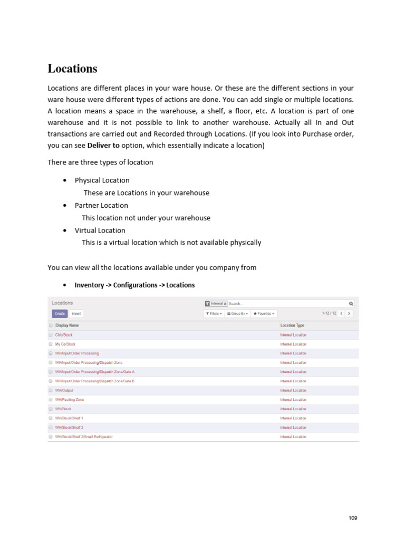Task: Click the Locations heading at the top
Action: click(x=72, y=69)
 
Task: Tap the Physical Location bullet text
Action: click(x=102, y=180)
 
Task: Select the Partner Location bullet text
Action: click(x=101, y=205)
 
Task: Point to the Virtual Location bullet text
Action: click(x=100, y=230)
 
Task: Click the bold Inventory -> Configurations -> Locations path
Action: click(x=134, y=285)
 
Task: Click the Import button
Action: click(x=76, y=313)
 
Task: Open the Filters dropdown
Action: click(x=214, y=313)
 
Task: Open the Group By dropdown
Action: click(x=237, y=313)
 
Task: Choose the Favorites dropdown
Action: click(x=264, y=313)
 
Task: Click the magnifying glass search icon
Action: click(x=351, y=304)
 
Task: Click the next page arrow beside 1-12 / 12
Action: click(x=349, y=313)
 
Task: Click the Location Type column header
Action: click(x=292, y=325)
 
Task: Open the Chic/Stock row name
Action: click(x=64, y=335)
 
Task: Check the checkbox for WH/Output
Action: click(x=51, y=390)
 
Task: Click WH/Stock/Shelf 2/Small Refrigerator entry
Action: click(x=84, y=437)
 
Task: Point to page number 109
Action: click(x=353, y=518)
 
